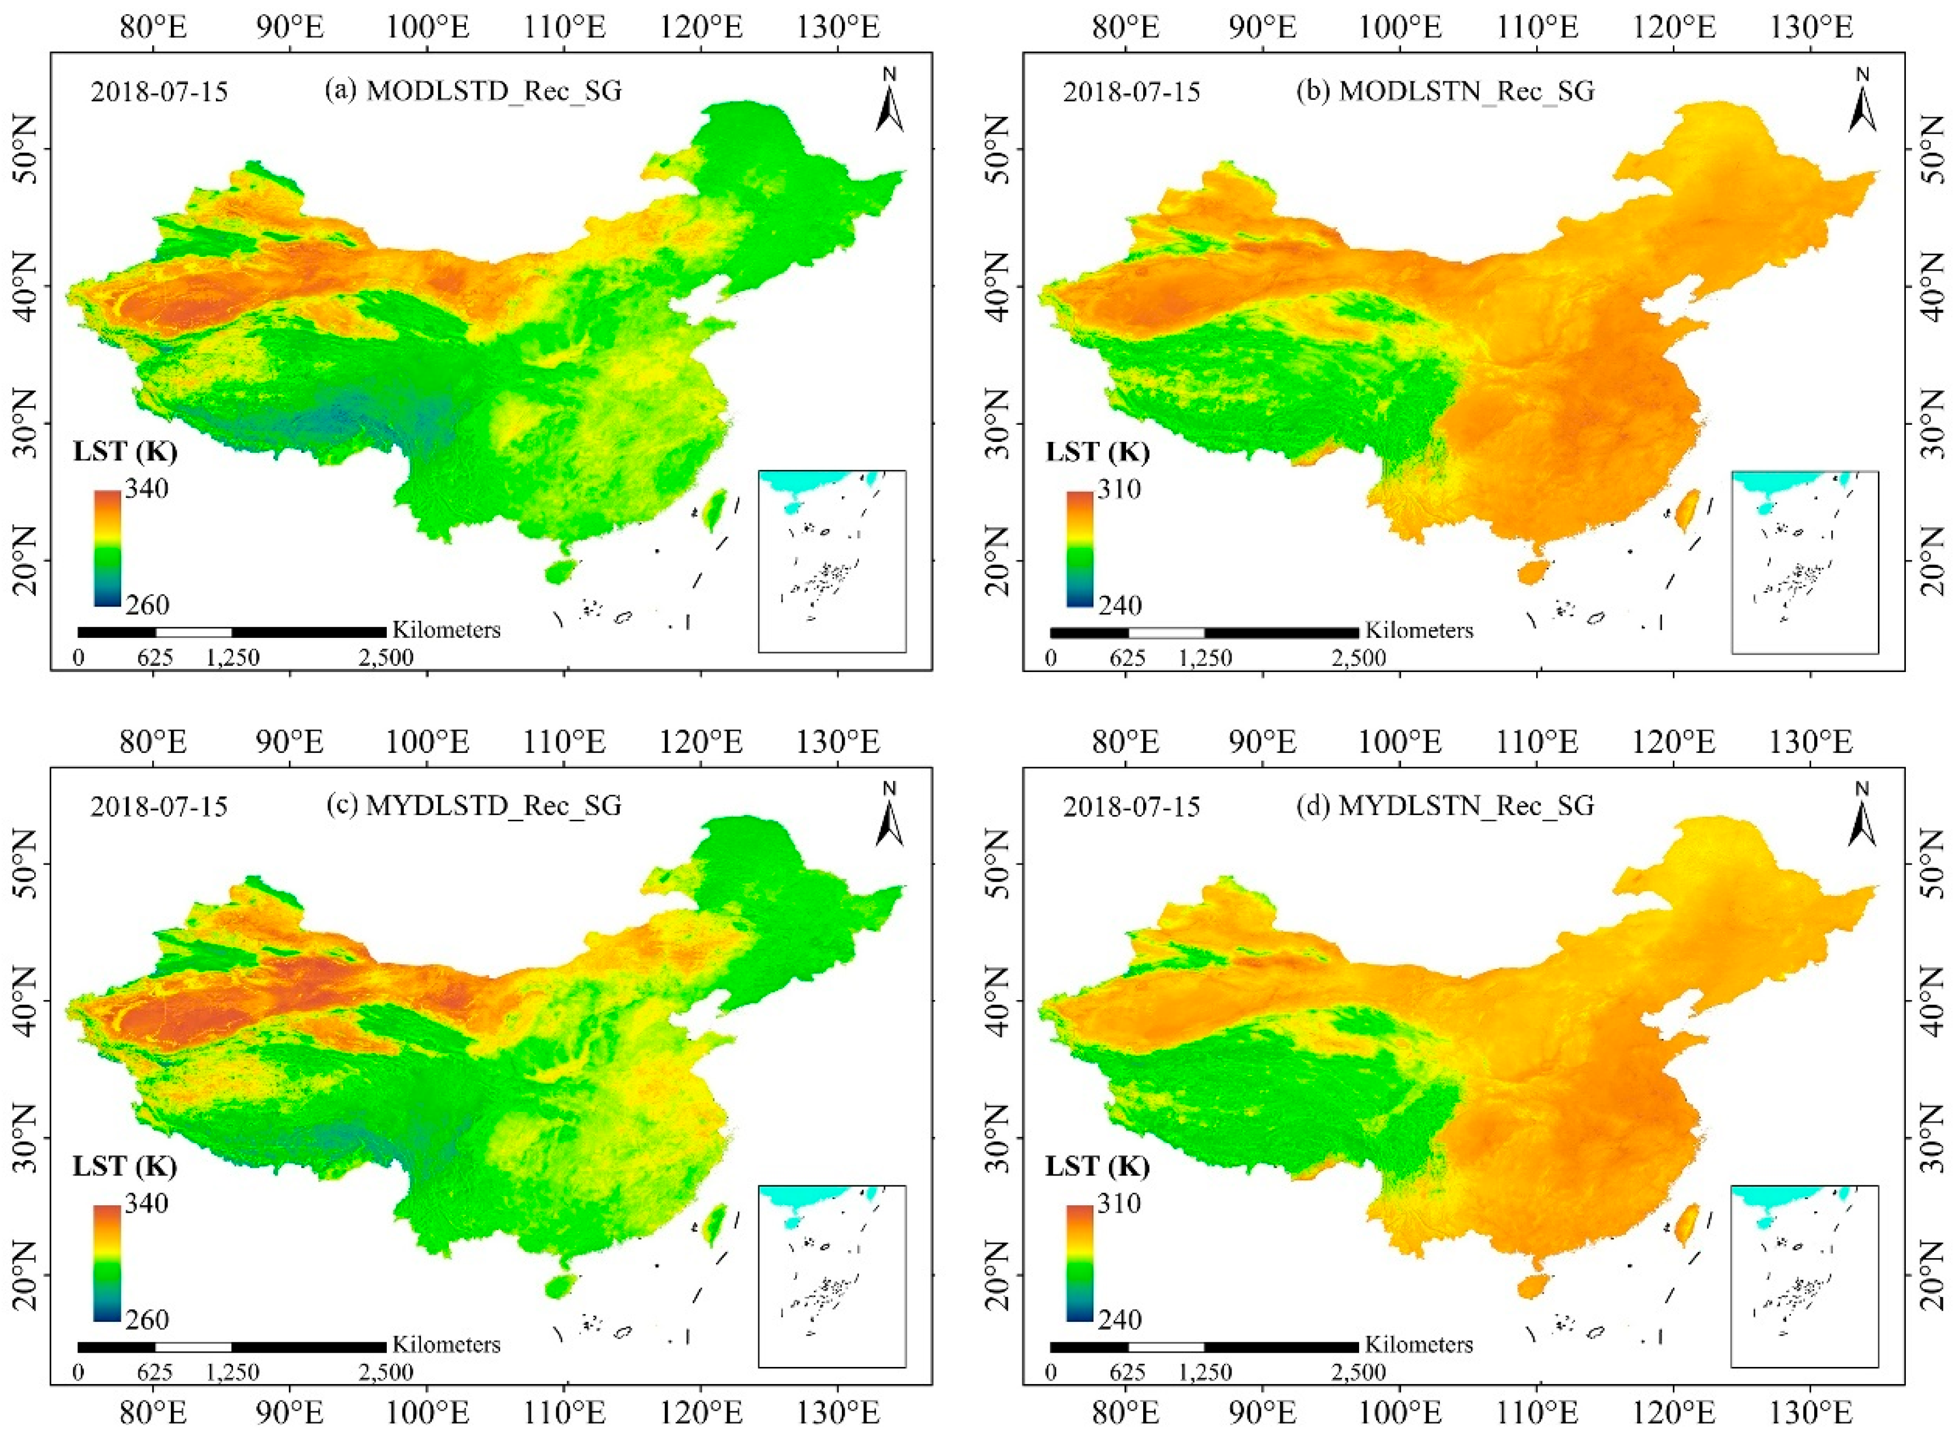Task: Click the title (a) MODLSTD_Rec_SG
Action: [x=473, y=91]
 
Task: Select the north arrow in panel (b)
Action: [x=1862, y=102]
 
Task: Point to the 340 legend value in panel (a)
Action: [x=146, y=489]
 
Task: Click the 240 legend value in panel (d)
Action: [x=1119, y=1320]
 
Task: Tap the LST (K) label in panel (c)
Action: [x=124, y=1166]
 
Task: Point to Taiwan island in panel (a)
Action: [x=715, y=510]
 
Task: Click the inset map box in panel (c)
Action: [x=832, y=1275]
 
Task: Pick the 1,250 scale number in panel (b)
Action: [x=1205, y=658]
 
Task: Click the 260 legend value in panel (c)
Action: [x=146, y=1320]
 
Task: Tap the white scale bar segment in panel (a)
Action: [x=194, y=632]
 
